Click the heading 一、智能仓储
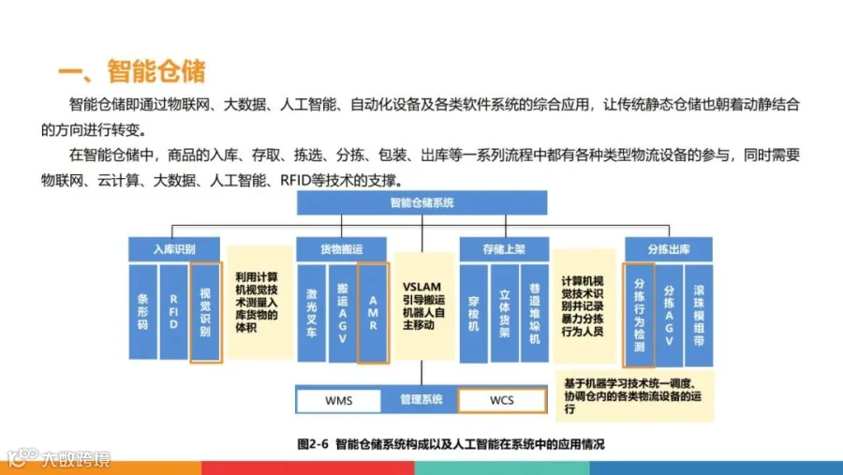[131, 71]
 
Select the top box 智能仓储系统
[421, 202]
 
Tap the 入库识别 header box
[174, 249]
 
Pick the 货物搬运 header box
[341, 249]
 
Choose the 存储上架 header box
[503, 249]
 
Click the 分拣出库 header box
[668, 249]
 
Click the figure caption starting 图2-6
[450, 443]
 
